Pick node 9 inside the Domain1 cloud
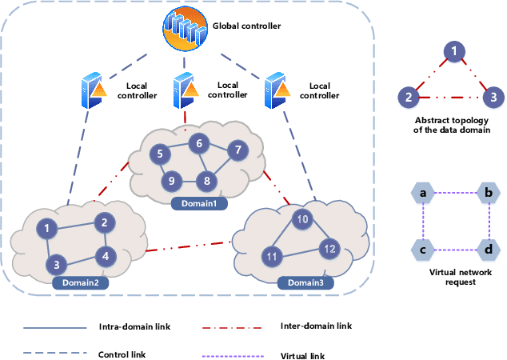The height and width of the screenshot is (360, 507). click(170, 181)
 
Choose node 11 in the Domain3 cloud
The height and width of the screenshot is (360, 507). click(272, 257)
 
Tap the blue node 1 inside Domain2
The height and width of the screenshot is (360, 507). click(49, 230)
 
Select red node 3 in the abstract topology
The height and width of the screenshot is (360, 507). click(494, 98)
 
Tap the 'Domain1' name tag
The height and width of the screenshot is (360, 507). click(196, 203)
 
